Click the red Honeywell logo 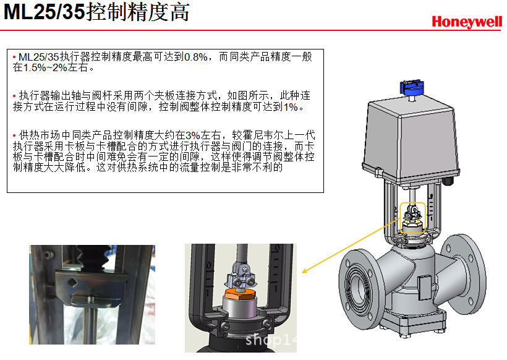point(467,22)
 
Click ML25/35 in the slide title point(45,12)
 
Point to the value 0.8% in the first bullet point(195,57)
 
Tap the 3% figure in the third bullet point(192,135)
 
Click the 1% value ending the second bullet point(291,107)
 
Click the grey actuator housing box point(411,140)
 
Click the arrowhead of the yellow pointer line point(304,271)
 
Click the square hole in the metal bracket point(72,283)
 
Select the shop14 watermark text point(271,340)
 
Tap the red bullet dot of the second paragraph point(14,96)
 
